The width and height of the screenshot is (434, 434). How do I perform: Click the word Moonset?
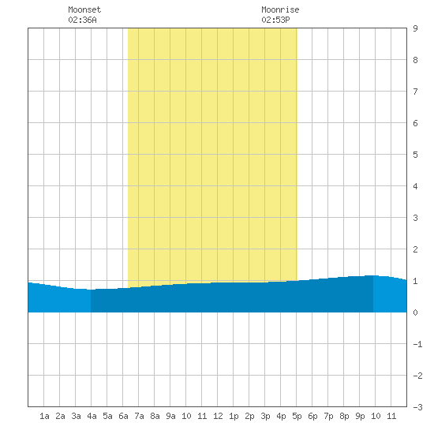84,9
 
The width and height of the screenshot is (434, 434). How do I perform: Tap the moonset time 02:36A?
82,20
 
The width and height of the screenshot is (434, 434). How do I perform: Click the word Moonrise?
280,9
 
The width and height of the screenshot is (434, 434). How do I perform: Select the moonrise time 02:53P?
275,20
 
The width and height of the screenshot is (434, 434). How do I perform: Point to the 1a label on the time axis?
44,416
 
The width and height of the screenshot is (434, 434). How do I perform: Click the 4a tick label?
92,416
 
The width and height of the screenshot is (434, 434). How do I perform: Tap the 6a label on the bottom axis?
123,416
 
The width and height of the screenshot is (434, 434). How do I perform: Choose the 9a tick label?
170,416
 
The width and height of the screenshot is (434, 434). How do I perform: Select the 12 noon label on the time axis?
218,416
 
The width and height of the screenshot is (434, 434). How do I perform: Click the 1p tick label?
234,416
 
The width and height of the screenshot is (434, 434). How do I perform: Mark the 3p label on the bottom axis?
265,416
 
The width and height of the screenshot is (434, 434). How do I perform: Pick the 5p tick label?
297,416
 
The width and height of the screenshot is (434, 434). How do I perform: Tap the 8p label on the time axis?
344,416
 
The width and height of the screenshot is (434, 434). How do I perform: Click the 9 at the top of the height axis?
415,28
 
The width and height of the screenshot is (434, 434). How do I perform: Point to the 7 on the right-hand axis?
415,92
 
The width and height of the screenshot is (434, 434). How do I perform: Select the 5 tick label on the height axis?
415,155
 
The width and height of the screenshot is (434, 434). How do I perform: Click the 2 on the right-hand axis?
415,249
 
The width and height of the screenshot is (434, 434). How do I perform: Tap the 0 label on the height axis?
415,312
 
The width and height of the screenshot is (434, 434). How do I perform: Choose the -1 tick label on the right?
417,344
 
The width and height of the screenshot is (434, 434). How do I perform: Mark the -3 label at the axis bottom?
417,407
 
